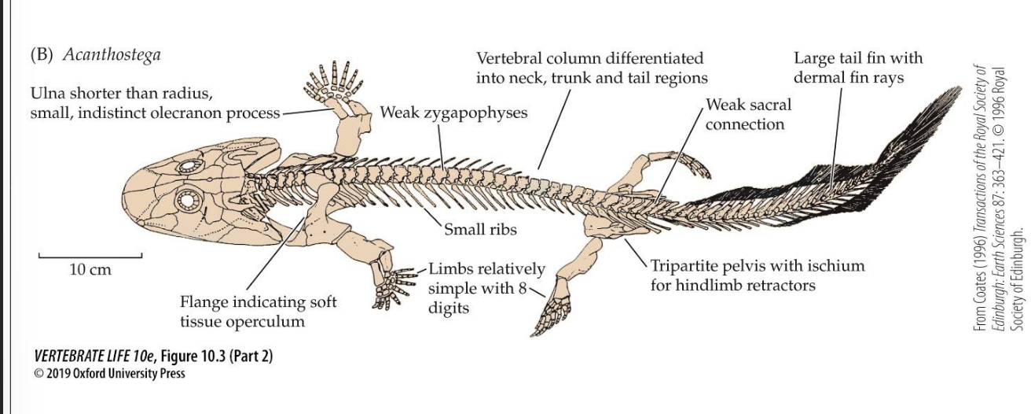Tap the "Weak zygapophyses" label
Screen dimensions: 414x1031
click(453, 113)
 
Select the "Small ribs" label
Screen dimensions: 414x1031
click(480, 230)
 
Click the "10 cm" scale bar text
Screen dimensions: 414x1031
click(90, 270)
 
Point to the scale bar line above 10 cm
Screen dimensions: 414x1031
click(90, 256)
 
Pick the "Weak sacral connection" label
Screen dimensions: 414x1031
click(748, 114)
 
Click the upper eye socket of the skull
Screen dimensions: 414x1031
click(190, 167)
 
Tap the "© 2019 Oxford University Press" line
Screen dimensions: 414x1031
click(110, 373)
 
